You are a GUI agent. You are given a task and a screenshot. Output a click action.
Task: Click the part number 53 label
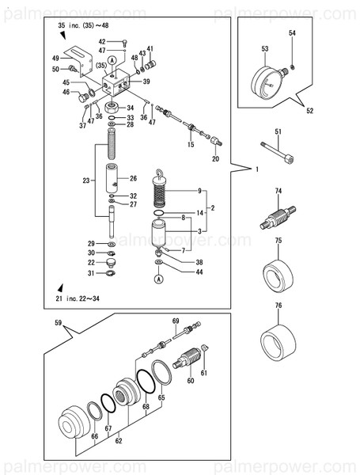tap(264, 49)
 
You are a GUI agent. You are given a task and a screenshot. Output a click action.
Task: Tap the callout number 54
tap(292, 33)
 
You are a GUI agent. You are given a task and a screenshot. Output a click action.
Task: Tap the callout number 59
tap(58, 322)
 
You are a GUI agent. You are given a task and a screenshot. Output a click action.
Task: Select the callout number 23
tap(86, 181)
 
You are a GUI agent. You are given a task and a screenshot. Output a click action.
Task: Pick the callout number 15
tap(191, 145)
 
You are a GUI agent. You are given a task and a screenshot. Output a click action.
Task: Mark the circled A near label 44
tap(159, 279)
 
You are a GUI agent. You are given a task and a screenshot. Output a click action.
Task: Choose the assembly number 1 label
tap(256, 169)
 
